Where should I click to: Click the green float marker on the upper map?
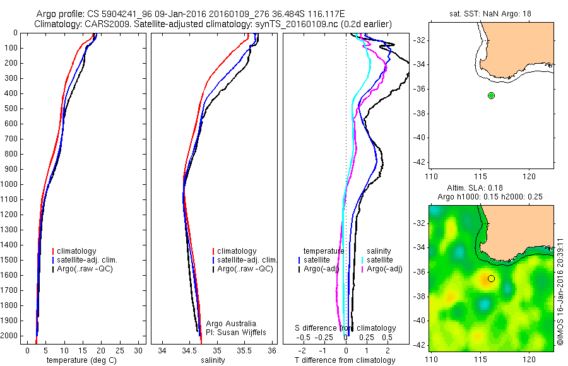pos(491,95)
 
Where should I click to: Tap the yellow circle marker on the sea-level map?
pos(491,278)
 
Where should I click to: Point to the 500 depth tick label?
pos(12,109)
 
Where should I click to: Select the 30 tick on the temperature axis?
pos(139,350)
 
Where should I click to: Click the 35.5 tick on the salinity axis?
pos(245,350)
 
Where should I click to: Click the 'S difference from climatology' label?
pos(346,328)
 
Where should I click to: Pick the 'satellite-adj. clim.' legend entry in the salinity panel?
pos(247,260)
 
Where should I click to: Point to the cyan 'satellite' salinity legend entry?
pos(380,260)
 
